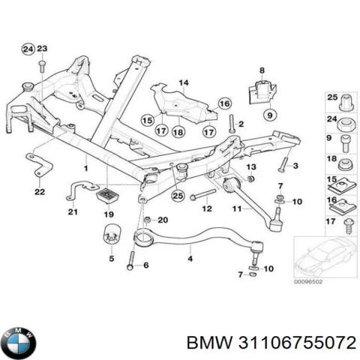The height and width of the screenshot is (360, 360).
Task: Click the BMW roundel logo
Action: coord(19,343)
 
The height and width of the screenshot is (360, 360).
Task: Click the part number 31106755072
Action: coord(297,343)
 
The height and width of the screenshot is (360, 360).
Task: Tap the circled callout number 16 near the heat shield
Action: coord(224,103)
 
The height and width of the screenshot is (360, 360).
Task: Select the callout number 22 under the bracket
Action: coord(40,192)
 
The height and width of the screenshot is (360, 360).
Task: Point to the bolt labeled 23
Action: coord(42,66)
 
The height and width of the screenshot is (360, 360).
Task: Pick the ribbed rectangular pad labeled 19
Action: coord(108,196)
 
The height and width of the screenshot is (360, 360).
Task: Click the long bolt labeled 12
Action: coord(203,194)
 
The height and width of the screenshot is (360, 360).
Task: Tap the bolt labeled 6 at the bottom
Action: coord(131,260)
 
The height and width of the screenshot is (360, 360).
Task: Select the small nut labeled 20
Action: coord(148,220)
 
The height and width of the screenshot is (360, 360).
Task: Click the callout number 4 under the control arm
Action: coord(190,259)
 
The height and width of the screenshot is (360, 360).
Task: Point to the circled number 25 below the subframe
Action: coord(178,196)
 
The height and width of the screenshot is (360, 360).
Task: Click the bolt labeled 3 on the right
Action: coord(283,164)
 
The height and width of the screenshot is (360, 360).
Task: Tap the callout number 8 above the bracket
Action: coord(262,70)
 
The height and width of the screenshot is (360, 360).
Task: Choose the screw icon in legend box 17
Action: coord(348,226)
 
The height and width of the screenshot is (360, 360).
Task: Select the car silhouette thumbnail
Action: coord(325,257)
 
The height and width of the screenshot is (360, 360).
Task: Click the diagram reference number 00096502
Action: coord(308,282)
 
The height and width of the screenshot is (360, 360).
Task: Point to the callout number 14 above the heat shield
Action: coord(184,82)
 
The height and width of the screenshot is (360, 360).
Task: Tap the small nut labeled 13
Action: coord(249,178)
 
